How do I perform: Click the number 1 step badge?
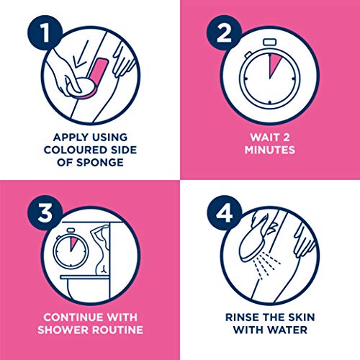(x=45, y=33)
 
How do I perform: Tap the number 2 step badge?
(x=224, y=33)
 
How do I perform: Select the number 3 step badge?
(x=45, y=213)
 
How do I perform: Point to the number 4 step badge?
(x=224, y=213)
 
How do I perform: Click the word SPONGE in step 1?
(x=100, y=163)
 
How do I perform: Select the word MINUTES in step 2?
(x=270, y=150)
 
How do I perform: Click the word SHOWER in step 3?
(x=63, y=330)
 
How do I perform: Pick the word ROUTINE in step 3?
(x=118, y=330)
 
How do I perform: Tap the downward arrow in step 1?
(x=80, y=54)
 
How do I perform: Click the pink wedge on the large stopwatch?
(x=274, y=65)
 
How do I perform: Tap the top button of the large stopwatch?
(x=270, y=42)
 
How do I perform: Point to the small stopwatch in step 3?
(x=71, y=248)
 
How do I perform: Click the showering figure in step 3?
(x=101, y=250)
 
